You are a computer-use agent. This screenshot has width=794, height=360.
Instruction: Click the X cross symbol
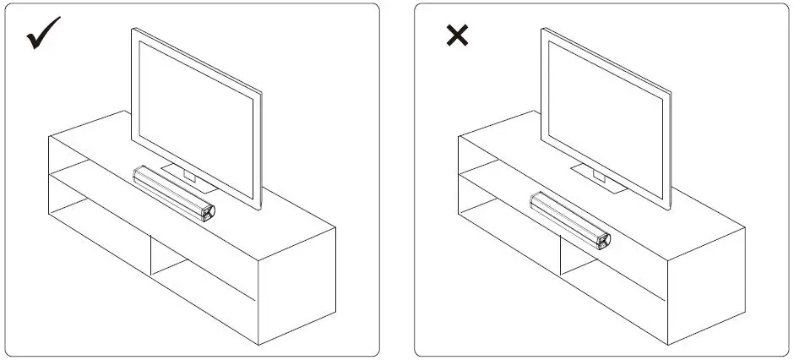(457, 36)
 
